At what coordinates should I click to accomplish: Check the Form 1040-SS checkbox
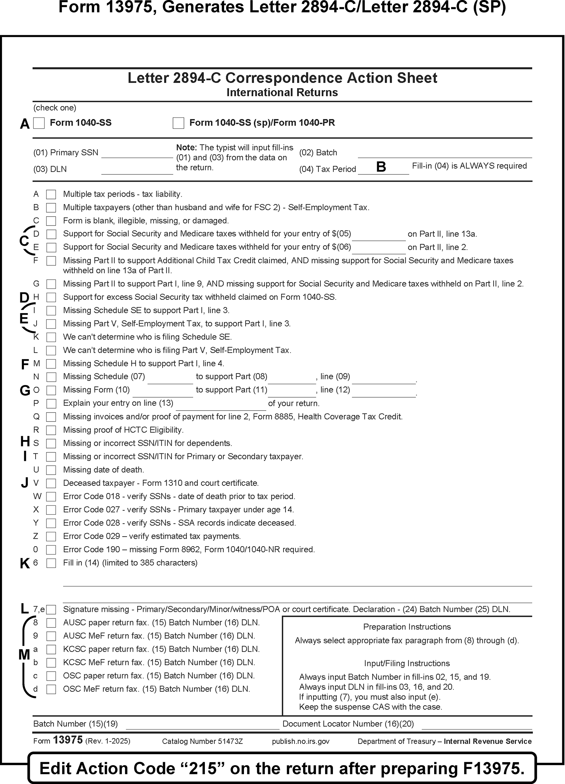(39, 123)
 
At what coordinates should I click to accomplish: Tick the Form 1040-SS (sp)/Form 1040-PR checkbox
(178, 123)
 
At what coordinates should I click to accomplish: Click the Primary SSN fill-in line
(137, 154)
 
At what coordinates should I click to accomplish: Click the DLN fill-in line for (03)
(137, 170)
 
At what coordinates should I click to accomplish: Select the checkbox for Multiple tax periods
(51, 194)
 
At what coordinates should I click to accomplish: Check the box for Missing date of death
(51, 470)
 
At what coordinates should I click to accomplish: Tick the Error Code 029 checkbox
(51, 537)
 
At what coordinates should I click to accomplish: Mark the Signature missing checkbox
(51, 610)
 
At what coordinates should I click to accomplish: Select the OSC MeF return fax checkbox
(51, 689)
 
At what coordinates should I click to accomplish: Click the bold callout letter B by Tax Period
(381, 167)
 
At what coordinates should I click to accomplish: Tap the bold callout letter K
(25, 564)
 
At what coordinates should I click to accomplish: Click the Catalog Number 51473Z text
(202, 741)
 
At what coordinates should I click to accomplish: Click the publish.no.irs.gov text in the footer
(301, 741)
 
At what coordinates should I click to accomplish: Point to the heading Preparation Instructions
(407, 627)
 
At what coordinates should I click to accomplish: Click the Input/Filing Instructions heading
(407, 663)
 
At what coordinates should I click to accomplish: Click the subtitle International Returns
(282, 93)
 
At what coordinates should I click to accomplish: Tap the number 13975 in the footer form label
(68, 740)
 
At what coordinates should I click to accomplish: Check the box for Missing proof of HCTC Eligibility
(51, 430)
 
